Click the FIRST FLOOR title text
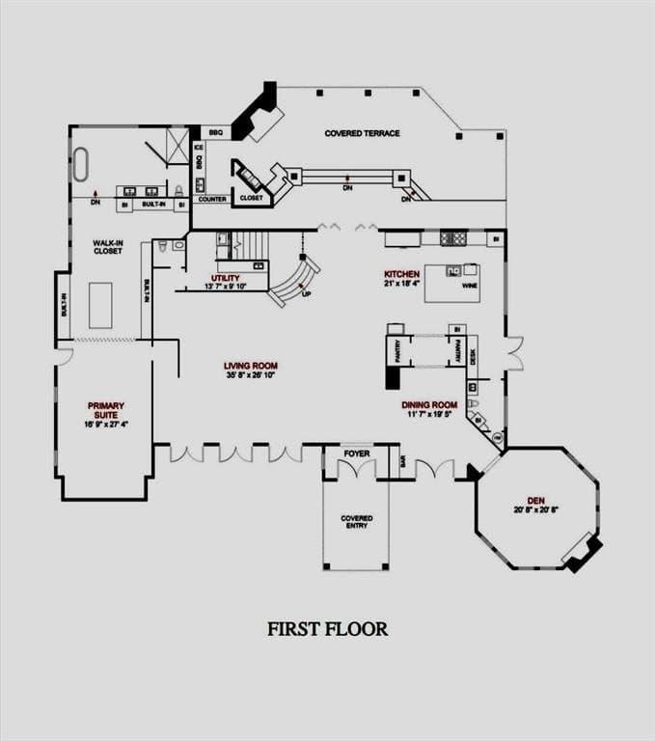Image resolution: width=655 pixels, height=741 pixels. pyautogui.click(x=327, y=629)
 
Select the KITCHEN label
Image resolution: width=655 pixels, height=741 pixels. pyautogui.click(x=401, y=274)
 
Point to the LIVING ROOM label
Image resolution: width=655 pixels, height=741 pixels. pyautogui.click(x=251, y=366)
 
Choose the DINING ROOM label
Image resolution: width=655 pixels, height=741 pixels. pyautogui.click(x=429, y=405)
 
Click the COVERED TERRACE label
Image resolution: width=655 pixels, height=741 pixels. pyautogui.click(x=362, y=133)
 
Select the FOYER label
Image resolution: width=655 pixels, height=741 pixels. pyautogui.click(x=356, y=453)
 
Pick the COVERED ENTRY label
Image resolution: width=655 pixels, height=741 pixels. pyautogui.click(x=356, y=522)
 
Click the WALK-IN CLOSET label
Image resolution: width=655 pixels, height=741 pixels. pyautogui.click(x=107, y=246)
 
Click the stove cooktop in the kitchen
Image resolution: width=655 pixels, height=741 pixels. pyautogui.click(x=453, y=237)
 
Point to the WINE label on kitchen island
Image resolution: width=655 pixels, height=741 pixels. pyautogui.click(x=470, y=287)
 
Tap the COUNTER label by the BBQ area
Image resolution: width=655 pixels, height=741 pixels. pyautogui.click(x=212, y=199)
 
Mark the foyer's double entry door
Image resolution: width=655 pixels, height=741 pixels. pyautogui.click(x=356, y=470)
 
